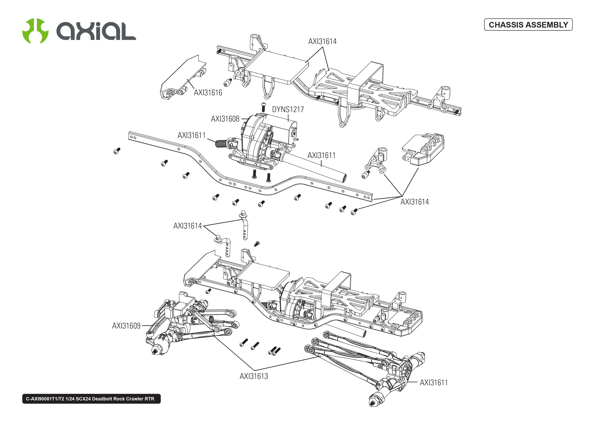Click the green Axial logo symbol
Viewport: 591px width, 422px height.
click(x=35, y=31)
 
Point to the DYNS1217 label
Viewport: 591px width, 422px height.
click(x=288, y=109)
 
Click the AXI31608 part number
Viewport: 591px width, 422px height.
click(x=225, y=119)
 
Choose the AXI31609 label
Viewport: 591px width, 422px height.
click(x=126, y=326)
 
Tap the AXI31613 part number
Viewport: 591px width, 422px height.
click(x=254, y=376)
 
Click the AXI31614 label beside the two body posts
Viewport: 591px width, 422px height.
click(x=188, y=226)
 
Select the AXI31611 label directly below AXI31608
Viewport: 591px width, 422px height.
click(x=191, y=135)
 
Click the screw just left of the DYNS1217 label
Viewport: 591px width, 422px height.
click(x=263, y=107)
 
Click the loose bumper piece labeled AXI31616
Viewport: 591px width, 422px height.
click(x=182, y=78)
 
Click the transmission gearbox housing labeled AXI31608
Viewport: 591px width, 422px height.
click(x=256, y=140)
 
